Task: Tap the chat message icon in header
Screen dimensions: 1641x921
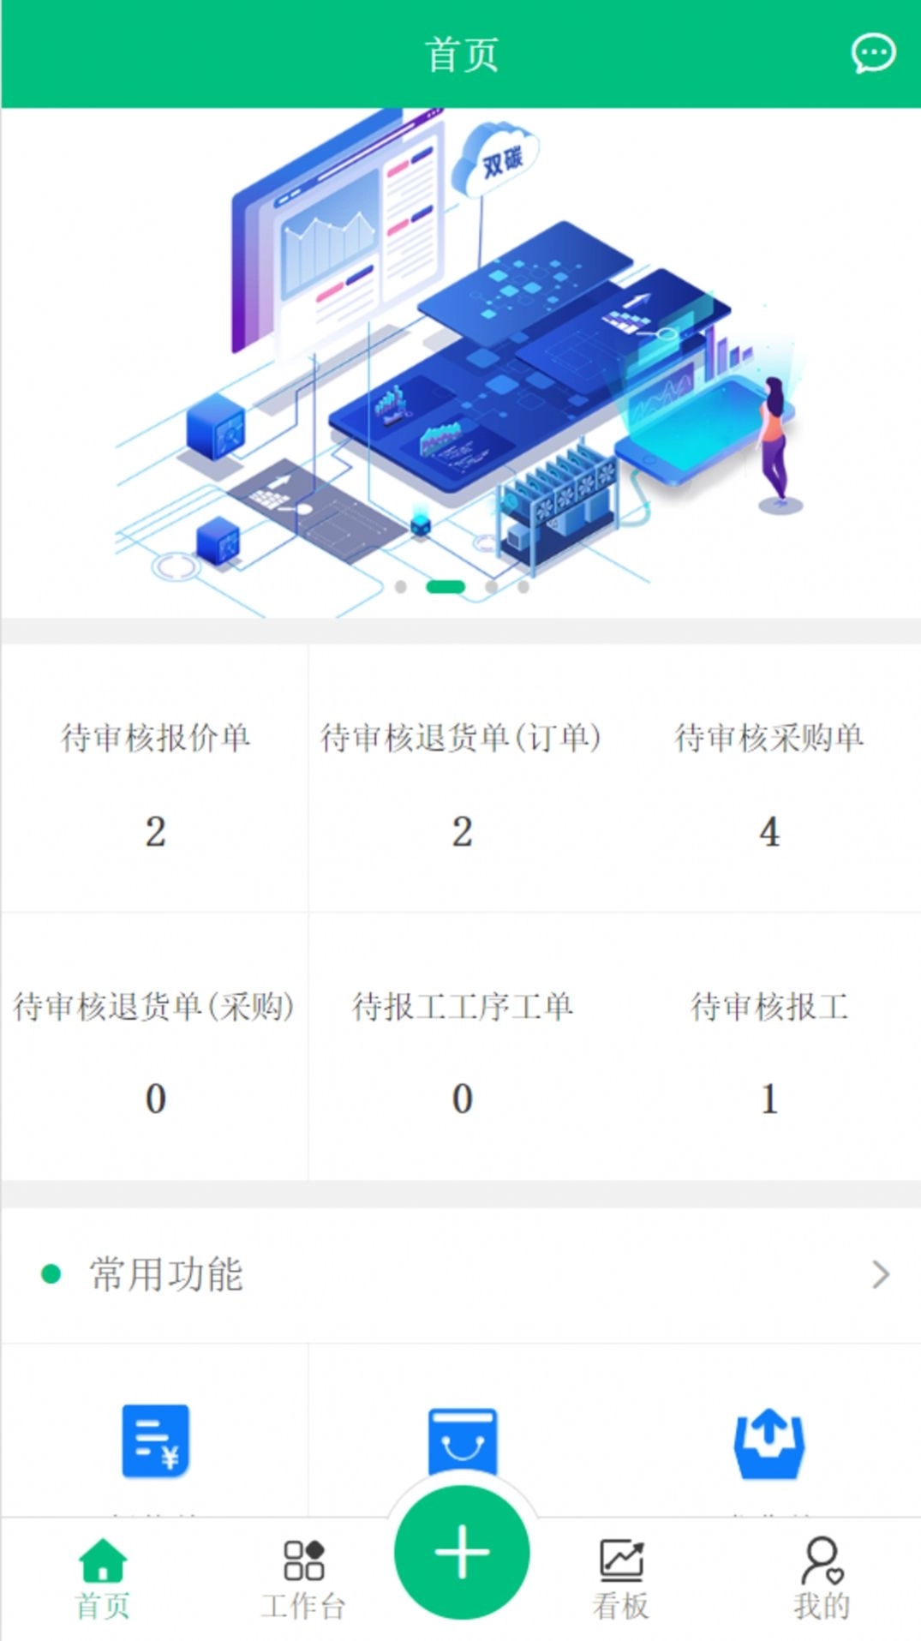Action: pyautogui.click(x=873, y=54)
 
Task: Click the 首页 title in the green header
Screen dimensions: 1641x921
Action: pyautogui.click(x=462, y=55)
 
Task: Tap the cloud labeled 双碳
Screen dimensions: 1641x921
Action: pyautogui.click(x=497, y=159)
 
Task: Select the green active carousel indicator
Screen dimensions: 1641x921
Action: pyautogui.click(x=446, y=587)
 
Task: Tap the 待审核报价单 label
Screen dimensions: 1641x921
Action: pyautogui.click(x=155, y=738)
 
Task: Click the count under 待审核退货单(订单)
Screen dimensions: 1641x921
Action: pyautogui.click(x=462, y=832)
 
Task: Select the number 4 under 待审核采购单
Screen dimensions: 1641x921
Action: pyautogui.click(x=769, y=832)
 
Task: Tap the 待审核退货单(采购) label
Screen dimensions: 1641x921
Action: pyautogui.click(x=154, y=1006)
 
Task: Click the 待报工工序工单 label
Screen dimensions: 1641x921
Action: pyautogui.click(x=462, y=1006)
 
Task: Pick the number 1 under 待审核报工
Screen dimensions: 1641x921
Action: pyautogui.click(x=769, y=1099)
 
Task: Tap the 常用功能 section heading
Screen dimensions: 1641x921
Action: pyautogui.click(x=166, y=1274)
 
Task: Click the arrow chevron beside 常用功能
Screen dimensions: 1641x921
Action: pyautogui.click(x=881, y=1274)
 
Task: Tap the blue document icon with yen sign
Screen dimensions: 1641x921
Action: pyautogui.click(x=155, y=1441)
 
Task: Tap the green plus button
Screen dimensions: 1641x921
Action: pyautogui.click(x=462, y=1552)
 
